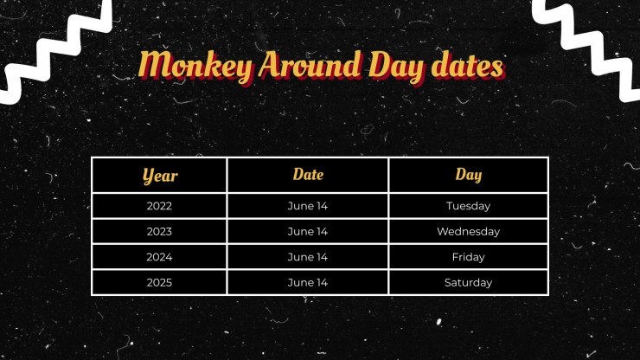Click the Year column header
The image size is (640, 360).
click(x=160, y=176)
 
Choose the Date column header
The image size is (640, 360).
click(x=308, y=175)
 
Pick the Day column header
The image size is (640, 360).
click(x=469, y=175)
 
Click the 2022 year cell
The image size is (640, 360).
click(x=160, y=206)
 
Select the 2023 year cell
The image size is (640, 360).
click(x=160, y=232)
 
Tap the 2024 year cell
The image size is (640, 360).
click(x=160, y=257)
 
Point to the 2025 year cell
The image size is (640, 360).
click(x=160, y=282)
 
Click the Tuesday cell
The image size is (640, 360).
click(x=469, y=206)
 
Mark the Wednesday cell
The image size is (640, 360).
click(x=469, y=232)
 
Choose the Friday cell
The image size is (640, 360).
click(x=469, y=257)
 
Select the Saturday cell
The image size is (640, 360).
click(x=469, y=282)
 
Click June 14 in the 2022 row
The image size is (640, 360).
click(x=308, y=206)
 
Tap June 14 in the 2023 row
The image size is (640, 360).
click(x=308, y=232)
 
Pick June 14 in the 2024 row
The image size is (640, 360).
click(x=308, y=257)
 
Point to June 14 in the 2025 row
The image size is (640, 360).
click(x=308, y=282)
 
